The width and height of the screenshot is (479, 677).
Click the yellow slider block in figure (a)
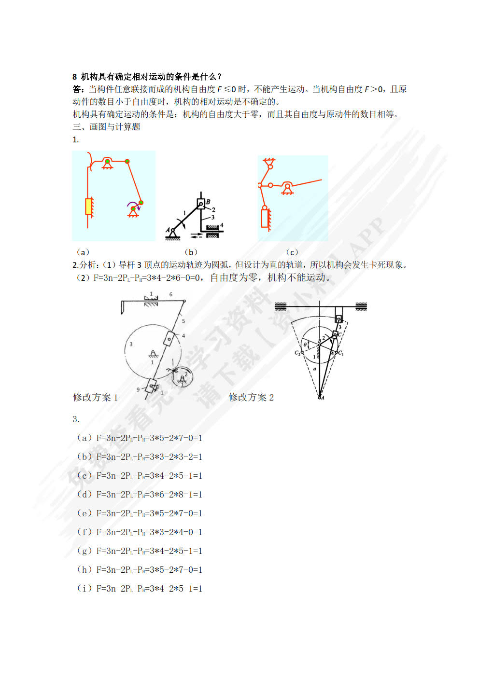pos(89,207)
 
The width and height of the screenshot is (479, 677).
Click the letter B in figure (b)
pos(208,202)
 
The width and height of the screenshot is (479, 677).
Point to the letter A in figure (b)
pos(168,231)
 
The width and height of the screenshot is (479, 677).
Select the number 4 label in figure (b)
pos(222,225)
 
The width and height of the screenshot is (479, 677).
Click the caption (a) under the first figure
pos(83,252)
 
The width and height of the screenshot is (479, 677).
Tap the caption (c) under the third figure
pos(292,252)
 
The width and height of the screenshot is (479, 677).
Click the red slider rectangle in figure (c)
pos(265,217)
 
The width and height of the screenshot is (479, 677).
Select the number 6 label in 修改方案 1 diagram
pos(171,294)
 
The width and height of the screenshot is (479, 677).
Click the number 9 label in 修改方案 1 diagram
pos(138,389)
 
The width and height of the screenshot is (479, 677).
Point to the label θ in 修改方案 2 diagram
pos(305,345)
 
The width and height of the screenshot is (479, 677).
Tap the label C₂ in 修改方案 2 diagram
pos(297,353)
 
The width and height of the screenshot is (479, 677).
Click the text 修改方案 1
pos(95,397)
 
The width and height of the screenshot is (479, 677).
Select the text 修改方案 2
pos(251,397)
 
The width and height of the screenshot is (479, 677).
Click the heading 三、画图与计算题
pos(106,127)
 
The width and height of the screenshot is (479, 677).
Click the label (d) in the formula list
pos(85,494)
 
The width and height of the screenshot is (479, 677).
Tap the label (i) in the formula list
pos(85,588)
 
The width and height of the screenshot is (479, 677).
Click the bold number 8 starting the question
pos(75,77)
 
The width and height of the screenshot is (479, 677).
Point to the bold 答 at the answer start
pos(77,89)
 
